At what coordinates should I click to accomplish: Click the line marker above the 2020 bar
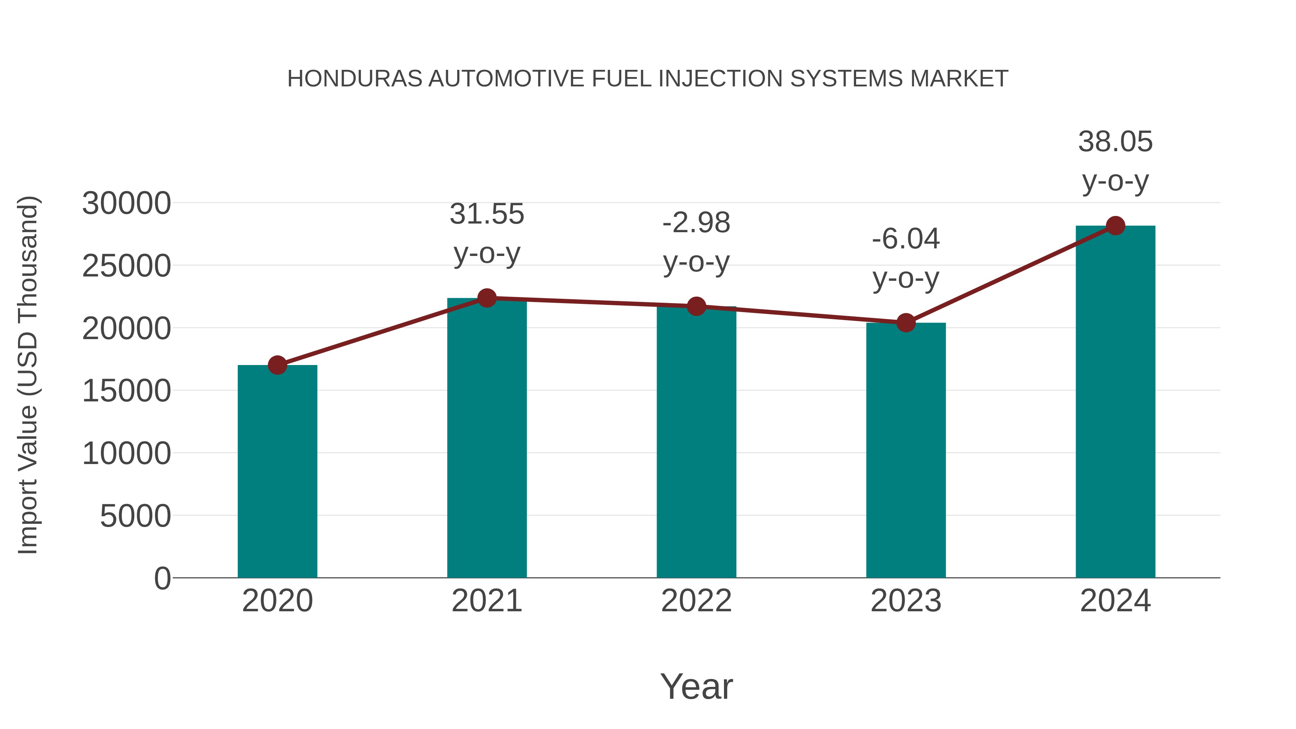pyautogui.click(x=277, y=365)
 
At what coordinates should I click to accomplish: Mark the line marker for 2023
pyautogui.click(x=906, y=323)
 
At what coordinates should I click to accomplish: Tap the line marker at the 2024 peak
pyautogui.click(x=1115, y=226)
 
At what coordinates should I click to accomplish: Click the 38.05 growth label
pyautogui.click(x=1115, y=142)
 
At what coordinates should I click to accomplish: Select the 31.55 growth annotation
pyautogui.click(x=486, y=214)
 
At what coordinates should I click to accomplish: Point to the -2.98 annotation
pyautogui.click(x=696, y=223)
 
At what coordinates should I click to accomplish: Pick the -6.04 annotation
pyautogui.click(x=906, y=239)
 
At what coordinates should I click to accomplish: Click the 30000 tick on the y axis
pyautogui.click(x=126, y=204)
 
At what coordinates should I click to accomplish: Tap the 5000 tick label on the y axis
pyautogui.click(x=135, y=516)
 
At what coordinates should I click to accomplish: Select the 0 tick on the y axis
pyautogui.click(x=162, y=579)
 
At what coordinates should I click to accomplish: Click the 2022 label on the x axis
pyautogui.click(x=696, y=601)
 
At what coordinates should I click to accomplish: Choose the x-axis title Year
pyautogui.click(x=696, y=687)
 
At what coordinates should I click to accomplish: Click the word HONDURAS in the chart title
pyautogui.click(x=355, y=79)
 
